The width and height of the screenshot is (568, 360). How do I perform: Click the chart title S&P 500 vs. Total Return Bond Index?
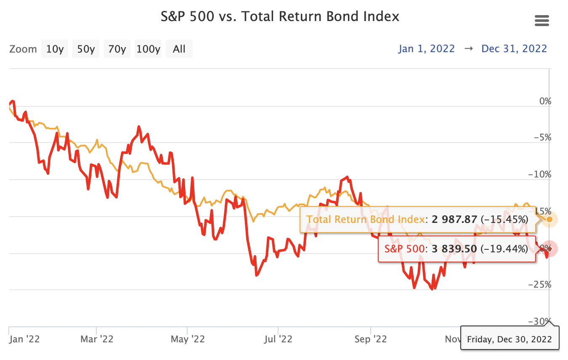[280, 17]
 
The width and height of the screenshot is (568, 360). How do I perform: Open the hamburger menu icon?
[541, 20]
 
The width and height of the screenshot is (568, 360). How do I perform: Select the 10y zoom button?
[55, 49]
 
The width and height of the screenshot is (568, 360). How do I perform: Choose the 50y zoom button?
[86, 49]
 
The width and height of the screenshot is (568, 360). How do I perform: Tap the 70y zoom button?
[117, 49]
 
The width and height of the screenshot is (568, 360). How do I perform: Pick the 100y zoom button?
[149, 49]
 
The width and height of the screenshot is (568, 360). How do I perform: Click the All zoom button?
[179, 49]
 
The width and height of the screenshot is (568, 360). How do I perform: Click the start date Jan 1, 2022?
[427, 49]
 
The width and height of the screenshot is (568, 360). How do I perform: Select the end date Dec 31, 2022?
[514, 49]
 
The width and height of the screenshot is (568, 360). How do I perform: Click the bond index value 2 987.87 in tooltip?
[454, 219]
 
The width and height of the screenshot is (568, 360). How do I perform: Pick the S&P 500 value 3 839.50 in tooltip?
[454, 249]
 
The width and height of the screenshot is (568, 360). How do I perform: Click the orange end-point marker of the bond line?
[549, 219]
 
